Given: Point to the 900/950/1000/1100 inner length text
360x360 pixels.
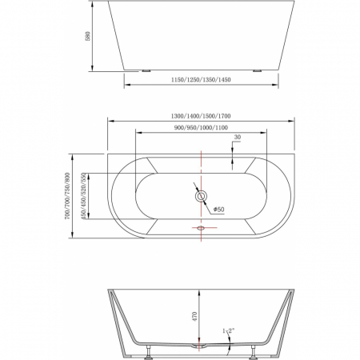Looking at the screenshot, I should (x=200, y=128).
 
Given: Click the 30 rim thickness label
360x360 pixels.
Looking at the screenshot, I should (x=237, y=138).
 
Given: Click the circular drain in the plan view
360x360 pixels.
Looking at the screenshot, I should (x=201, y=195).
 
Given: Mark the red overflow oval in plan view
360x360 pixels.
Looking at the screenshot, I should (x=201, y=228).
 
